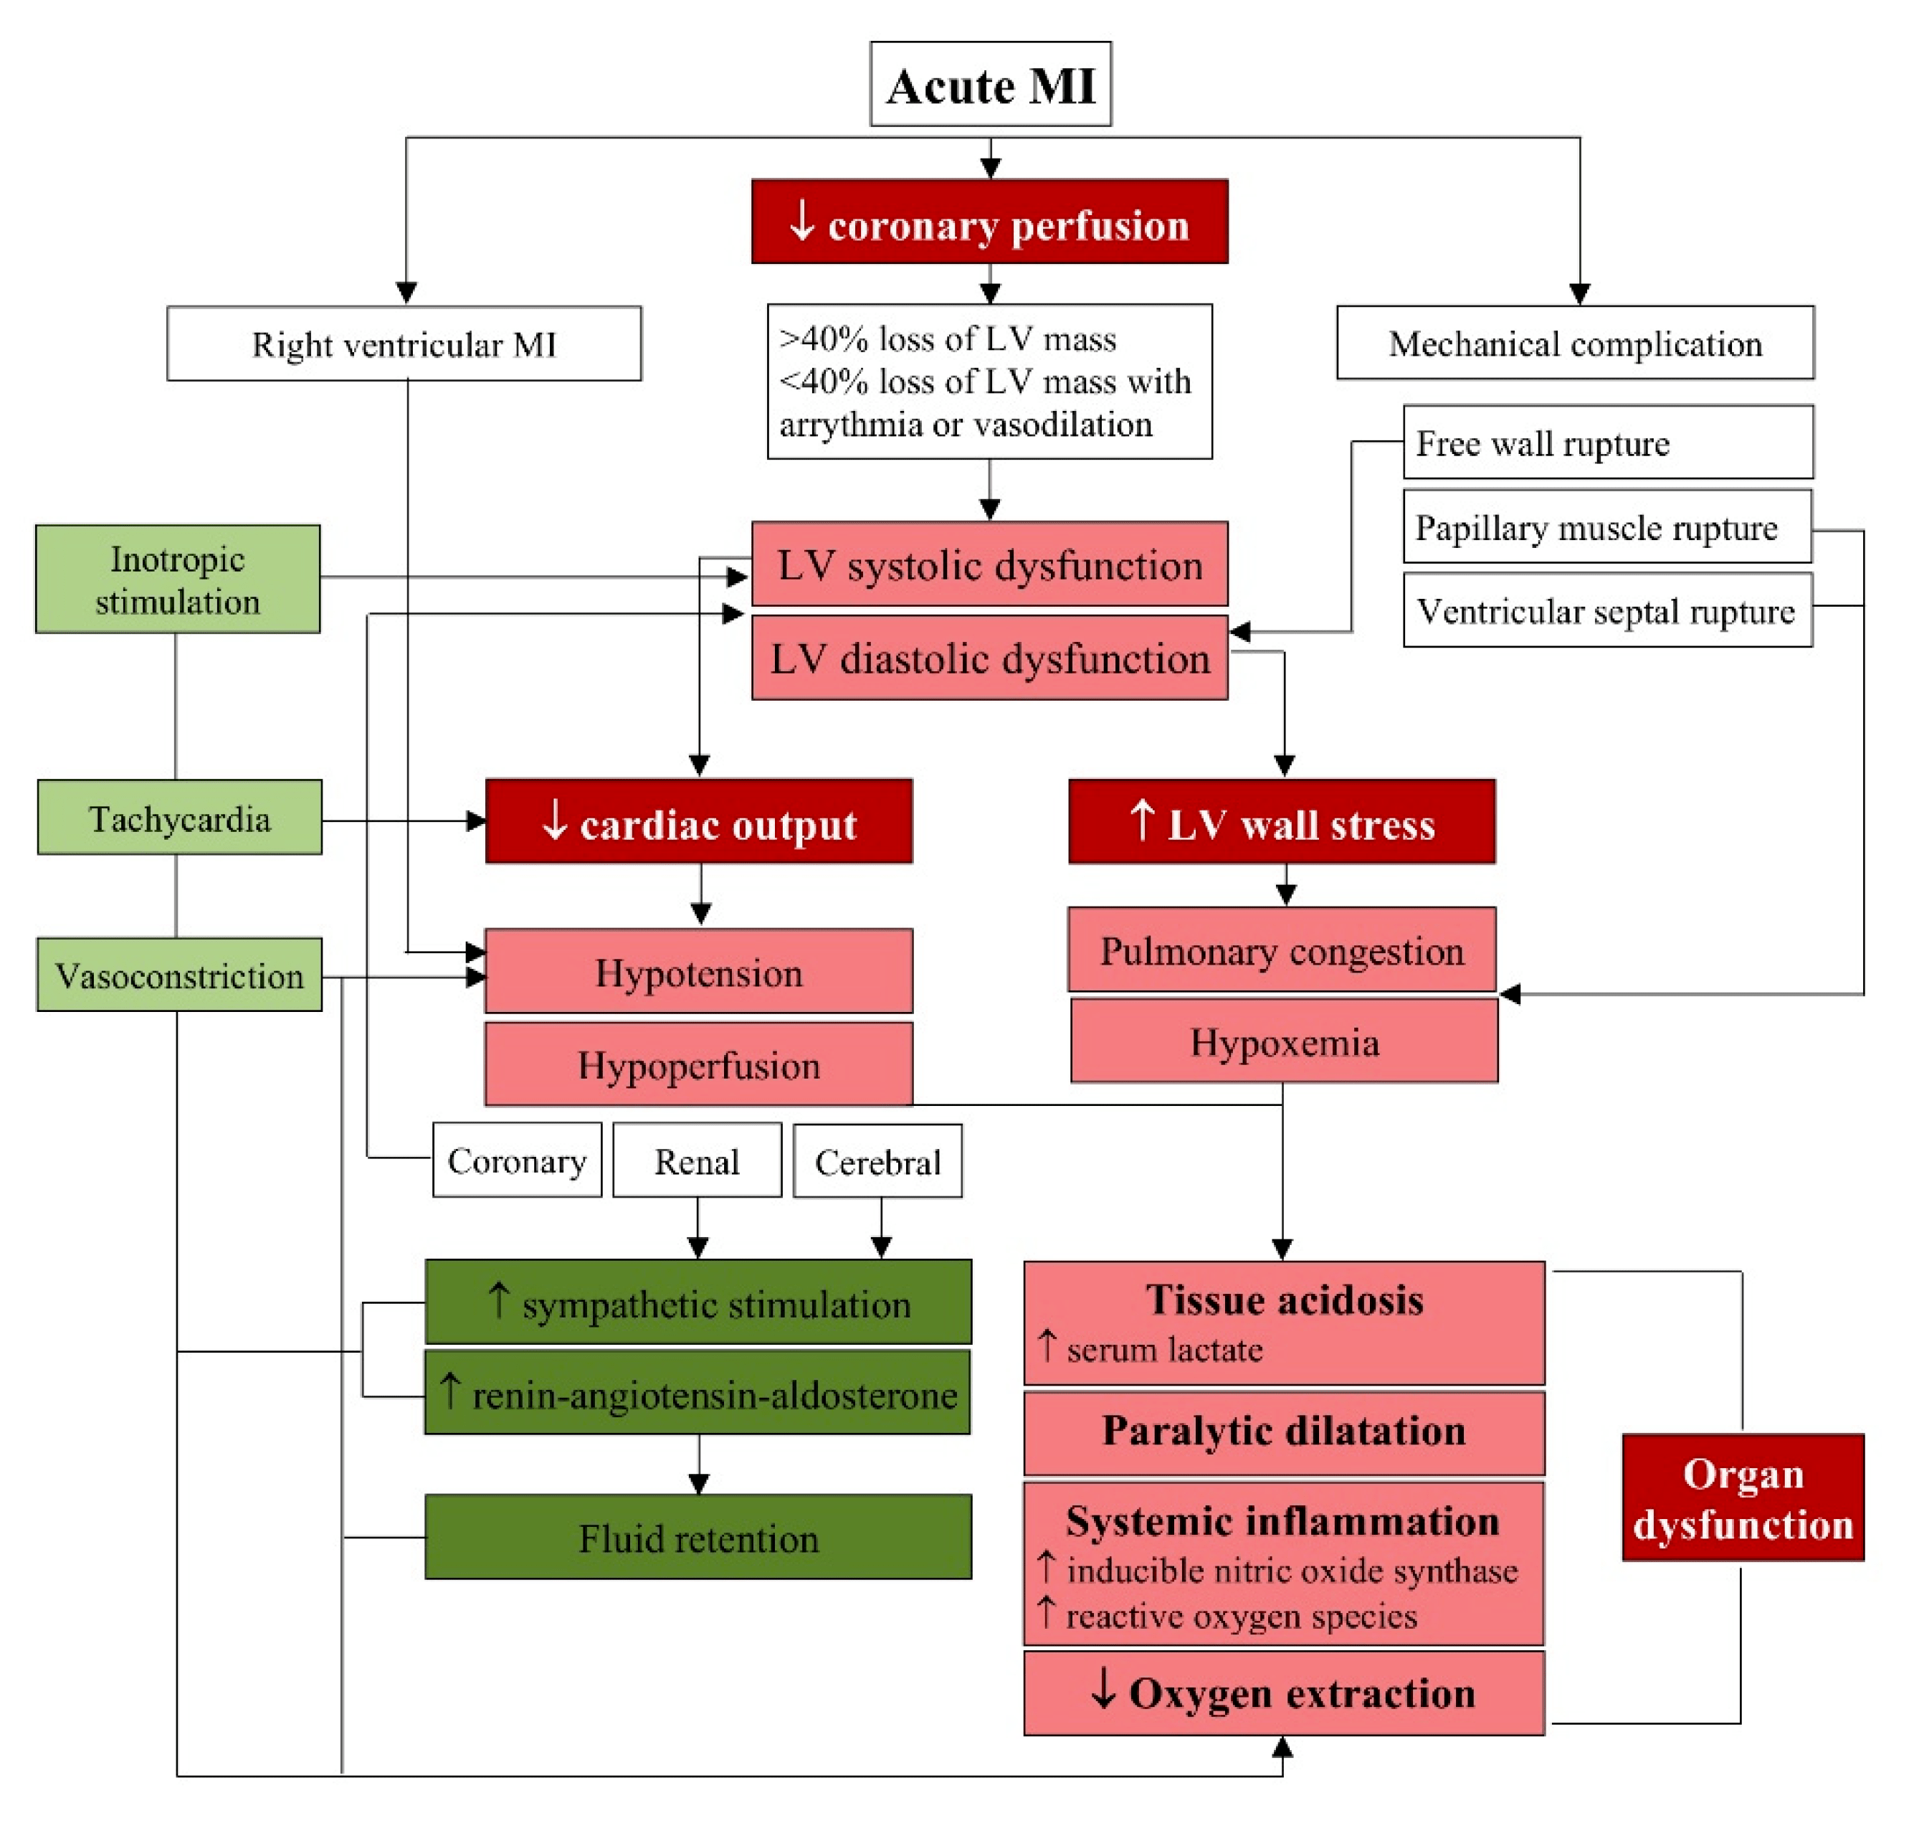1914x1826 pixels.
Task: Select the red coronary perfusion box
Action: tap(989, 222)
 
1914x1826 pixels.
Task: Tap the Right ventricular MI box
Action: tap(404, 344)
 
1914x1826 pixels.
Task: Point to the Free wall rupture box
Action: tap(1607, 442)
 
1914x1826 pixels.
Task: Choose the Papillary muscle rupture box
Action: tap(1606, 526)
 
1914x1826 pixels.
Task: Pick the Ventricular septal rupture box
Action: tap(1607, 610)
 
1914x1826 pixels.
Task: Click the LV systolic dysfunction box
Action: tap(989, 564)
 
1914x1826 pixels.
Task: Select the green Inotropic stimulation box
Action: tap(178, 580)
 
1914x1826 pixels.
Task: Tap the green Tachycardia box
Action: tap(180, 818)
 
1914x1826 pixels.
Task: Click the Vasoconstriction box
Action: tap(180, 974)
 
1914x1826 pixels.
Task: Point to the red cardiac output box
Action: tap(699, 821)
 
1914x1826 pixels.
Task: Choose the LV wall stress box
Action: tap(1282, 821)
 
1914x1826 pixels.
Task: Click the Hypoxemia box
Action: tap(1283, 1041)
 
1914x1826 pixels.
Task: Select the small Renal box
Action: tap(697, 1160)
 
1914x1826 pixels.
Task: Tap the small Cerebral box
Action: tap(877, 1161)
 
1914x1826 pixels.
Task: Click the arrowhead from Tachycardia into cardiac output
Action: tap(476, 821)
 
